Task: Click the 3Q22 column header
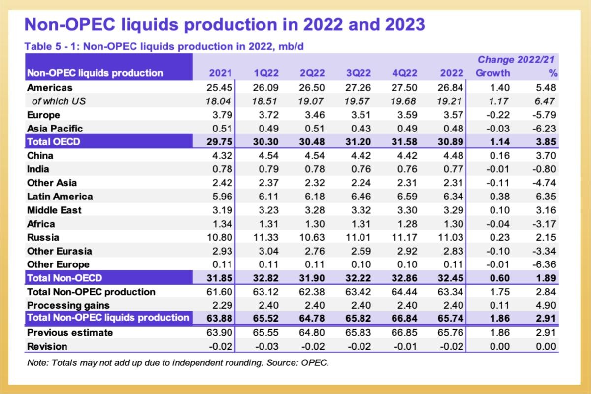[x=358, y=73]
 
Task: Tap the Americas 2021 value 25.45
[x=221, y=88]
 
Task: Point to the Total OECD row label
[x=54, y=142]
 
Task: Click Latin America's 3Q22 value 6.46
[x=358, y=197]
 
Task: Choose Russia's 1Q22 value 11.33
[x=266, y=237]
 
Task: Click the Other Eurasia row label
[x=60, y=251]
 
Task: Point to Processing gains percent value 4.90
[x=547, y=305]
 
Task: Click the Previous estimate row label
[x=70, y=332]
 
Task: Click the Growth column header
[x=492, y=73]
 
